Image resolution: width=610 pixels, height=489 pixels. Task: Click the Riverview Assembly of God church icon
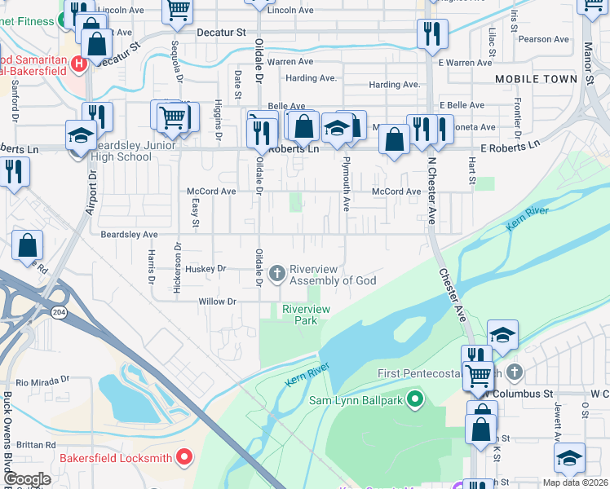(x=277, y=273)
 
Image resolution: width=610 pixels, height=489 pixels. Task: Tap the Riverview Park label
(x=306, y=315)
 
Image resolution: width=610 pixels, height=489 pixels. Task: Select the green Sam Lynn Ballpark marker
(x=415, y=399)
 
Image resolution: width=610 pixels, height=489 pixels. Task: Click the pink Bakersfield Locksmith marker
(x=184, y=457)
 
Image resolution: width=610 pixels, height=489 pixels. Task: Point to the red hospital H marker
(x=79, y=63)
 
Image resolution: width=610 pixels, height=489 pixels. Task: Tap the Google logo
(x=26, y=479)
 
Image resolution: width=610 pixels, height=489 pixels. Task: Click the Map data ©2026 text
(x=575, y=482)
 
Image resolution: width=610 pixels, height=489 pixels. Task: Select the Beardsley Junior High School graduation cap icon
(x=81, y=134)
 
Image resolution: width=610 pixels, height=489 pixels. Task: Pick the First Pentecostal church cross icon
(x=514, y=373)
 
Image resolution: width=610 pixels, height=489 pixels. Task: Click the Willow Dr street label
(x=217, y=302)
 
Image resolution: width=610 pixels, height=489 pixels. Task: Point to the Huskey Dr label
(x=206, y=268)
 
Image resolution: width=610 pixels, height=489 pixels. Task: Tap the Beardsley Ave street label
(x=129, y=235)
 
